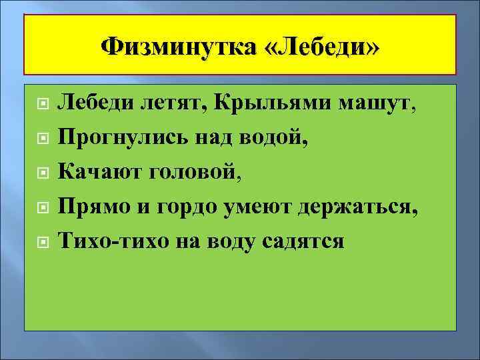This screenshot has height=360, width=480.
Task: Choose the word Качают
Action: coord(99,173)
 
